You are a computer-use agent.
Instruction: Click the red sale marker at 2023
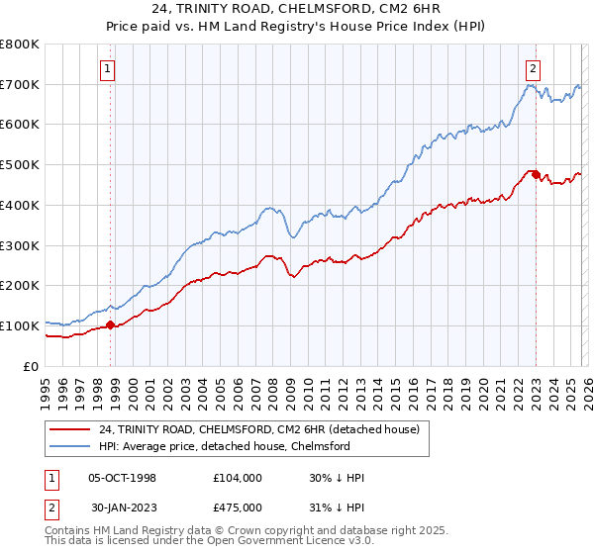pos(536,175)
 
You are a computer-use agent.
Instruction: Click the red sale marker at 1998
pos(110,324)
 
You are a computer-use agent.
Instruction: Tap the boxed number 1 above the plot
pos(106,68)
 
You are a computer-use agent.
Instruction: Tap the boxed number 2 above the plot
pos(533,68)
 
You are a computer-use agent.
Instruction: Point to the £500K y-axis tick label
pos(19,165)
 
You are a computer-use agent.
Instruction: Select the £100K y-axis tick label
pos(19,325)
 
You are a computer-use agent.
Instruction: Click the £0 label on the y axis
pos(30,366)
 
